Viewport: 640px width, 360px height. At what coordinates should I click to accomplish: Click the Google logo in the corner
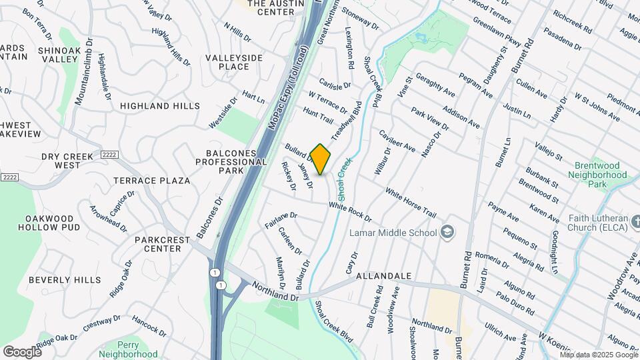tap(22, 351)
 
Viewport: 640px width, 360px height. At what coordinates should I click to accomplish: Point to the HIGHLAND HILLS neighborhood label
tap(160, 106)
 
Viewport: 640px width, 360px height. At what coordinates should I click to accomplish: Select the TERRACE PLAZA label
tap(151, 181)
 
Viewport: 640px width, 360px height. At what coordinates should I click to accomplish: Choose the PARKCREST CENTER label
tap(157, 244)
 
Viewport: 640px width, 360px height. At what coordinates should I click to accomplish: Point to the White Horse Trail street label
tap(411, 205)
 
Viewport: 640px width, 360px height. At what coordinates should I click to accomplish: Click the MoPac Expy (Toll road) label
tap(288, 87)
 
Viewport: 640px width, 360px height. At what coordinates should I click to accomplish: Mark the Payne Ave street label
tap(503, 212)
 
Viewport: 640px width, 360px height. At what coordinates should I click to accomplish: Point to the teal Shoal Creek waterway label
tap(344, 179)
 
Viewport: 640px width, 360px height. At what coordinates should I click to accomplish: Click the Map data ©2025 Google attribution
tap(598, 354)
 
